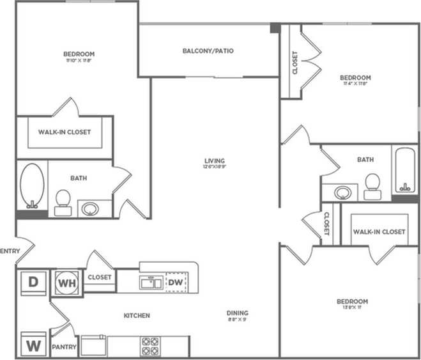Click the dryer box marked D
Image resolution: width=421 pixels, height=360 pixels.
[x=31, y=281]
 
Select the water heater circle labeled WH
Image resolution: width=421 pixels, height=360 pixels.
[x=67, y=281]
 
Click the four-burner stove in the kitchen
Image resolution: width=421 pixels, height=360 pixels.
[x=149, y=345]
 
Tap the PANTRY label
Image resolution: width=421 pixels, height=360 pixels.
[x=65, y=348]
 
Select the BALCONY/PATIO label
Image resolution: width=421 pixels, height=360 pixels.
[x=208, y=51]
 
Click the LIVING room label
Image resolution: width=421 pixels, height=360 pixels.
[x=215, y=160]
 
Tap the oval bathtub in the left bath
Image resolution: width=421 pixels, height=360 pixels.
[x=31, y=185]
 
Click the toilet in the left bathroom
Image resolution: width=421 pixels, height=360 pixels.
[x=63, y=201]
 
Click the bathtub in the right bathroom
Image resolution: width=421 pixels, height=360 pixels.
[x=404, y=170]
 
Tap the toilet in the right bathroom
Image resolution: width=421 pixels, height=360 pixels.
[x=372, y=184]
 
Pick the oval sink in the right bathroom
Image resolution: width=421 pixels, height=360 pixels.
[x=344, y=192]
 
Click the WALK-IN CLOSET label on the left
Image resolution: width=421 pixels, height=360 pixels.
[x=65, y=132]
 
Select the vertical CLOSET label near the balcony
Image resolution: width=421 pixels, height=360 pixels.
[x=295, y=63]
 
